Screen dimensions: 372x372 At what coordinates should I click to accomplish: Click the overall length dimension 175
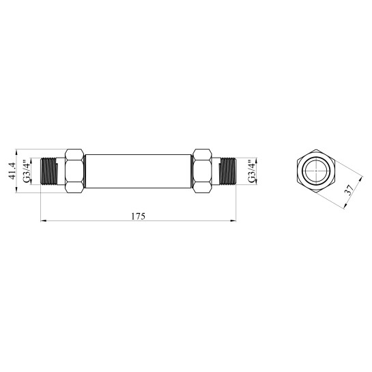pos(138,216)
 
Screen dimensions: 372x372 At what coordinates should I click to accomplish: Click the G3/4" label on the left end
pos(27,171)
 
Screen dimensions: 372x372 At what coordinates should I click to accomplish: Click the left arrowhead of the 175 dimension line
pos(44,221)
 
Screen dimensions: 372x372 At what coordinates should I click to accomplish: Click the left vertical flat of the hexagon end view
pos(296,171)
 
